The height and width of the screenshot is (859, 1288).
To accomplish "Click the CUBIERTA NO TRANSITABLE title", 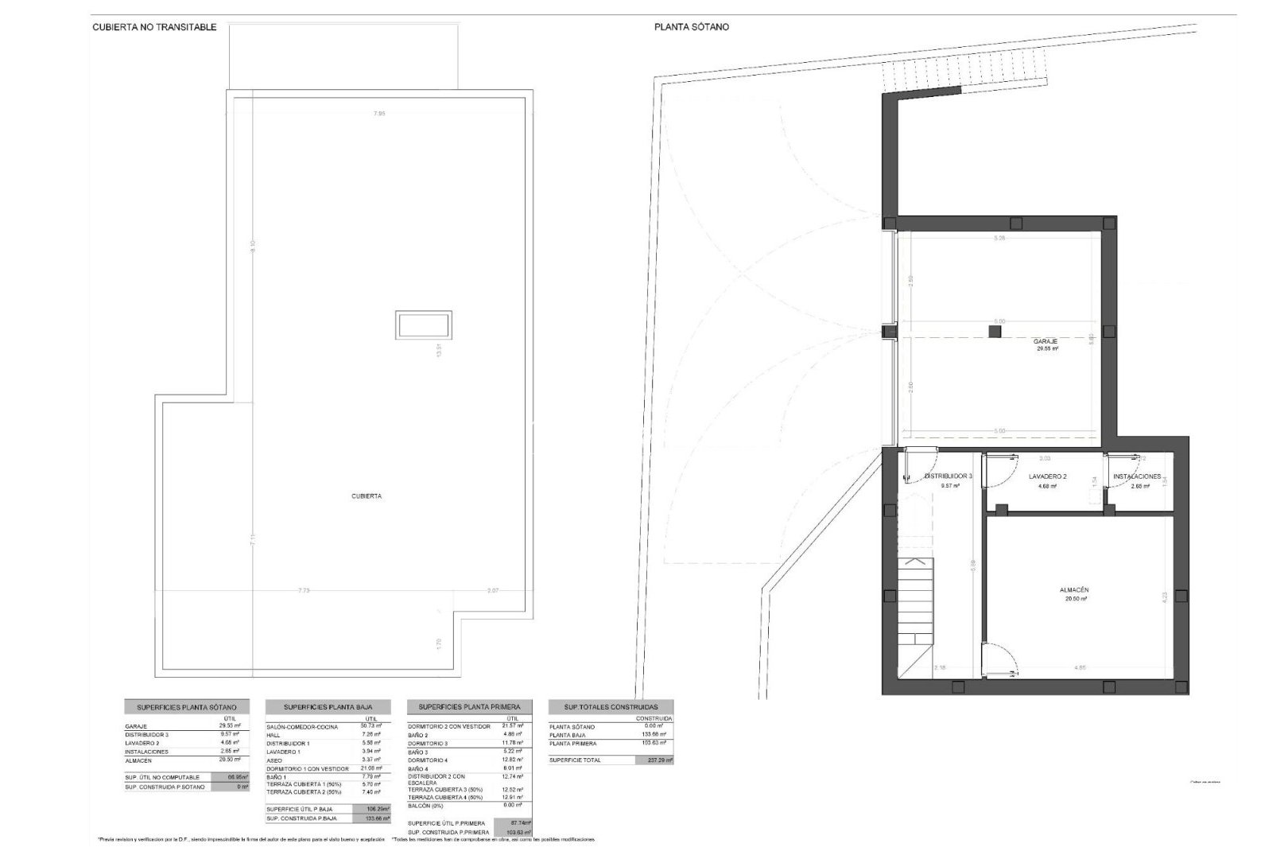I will click(154, 27).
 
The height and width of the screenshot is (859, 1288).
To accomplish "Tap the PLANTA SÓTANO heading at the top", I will click(692, 27).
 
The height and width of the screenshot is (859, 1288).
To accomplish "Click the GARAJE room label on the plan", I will click(1046, 341).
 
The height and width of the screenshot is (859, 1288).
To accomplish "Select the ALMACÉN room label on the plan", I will click(1073, 590).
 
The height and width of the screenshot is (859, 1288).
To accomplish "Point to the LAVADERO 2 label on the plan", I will click(1047, 476).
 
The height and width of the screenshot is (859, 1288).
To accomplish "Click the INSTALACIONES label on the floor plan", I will click(1137, 476).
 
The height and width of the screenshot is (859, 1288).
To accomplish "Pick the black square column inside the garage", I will click(994, 332).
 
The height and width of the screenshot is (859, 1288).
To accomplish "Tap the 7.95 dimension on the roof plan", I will click(379, 114).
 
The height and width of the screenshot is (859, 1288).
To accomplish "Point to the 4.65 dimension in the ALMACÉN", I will click(1079, 667).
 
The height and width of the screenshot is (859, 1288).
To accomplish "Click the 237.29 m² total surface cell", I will click(654, 760).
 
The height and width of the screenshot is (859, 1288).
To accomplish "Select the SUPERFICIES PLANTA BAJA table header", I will click(328, 707).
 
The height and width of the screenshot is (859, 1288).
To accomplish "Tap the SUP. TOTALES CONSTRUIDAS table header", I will click(611, 707).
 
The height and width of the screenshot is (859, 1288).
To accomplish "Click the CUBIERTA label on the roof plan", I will click(367, 496).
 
